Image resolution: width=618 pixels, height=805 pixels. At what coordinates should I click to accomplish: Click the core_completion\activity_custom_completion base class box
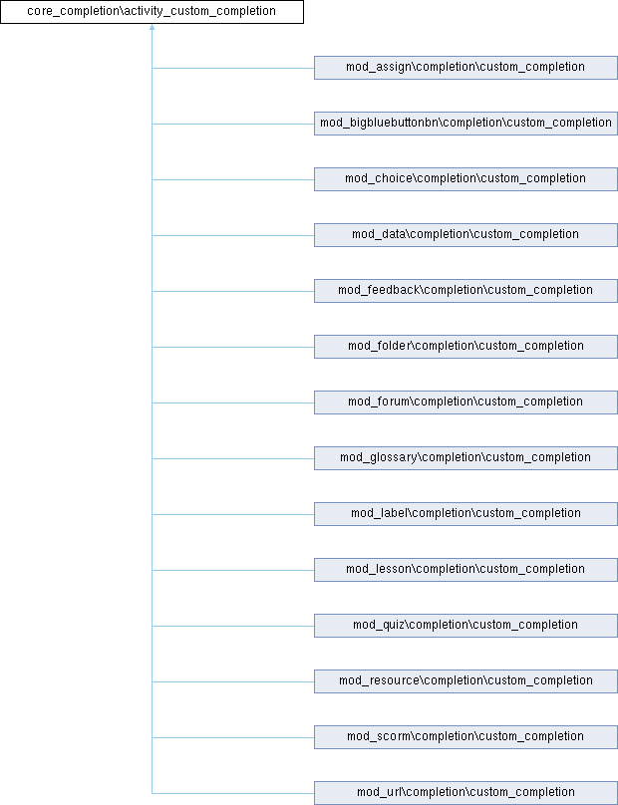tap(153, 12)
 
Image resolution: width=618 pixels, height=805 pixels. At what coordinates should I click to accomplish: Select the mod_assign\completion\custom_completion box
tap(465, 68)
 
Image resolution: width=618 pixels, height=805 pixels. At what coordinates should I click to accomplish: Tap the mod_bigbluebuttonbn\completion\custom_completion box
tap(465, 124)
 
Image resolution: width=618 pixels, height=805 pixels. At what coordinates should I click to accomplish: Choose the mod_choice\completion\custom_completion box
tap(465, 179)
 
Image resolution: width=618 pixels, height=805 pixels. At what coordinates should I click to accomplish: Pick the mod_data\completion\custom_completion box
tap(465, 235)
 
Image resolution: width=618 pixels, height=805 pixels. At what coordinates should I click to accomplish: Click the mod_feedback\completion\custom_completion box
tap(465, 291)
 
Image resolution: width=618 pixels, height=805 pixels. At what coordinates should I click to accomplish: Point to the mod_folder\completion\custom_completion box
tap(465, 347)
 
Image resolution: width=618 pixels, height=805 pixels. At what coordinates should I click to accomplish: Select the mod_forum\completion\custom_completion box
tap(465, 402)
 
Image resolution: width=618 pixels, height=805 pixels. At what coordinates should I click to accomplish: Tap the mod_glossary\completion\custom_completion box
tap(465, 458)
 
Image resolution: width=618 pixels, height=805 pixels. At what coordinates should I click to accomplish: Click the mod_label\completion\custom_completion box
tap(465, 514)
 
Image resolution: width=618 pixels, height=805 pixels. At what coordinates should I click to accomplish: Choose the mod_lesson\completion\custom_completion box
tap(465, 570)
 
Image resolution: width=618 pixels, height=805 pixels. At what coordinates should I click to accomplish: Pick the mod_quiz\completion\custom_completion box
tap(465, 626)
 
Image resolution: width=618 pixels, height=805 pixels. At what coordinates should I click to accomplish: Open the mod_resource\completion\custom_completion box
tap(465, 681)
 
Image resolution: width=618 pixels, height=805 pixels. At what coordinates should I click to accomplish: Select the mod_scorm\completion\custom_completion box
tap(465, 737)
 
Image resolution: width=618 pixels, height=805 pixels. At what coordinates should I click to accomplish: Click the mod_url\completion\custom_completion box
tap(465, 793)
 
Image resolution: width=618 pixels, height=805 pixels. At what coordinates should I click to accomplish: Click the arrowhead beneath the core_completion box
tap(153, 27)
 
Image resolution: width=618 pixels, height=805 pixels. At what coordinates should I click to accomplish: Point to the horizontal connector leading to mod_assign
tap(233, 68)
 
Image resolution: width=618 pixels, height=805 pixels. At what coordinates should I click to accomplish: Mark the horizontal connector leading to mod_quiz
tap(233, 626)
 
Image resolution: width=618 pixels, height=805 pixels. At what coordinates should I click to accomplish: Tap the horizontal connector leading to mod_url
tap(233, 793)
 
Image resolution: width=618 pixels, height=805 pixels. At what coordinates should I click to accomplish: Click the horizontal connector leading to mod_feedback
tap(233, 291)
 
